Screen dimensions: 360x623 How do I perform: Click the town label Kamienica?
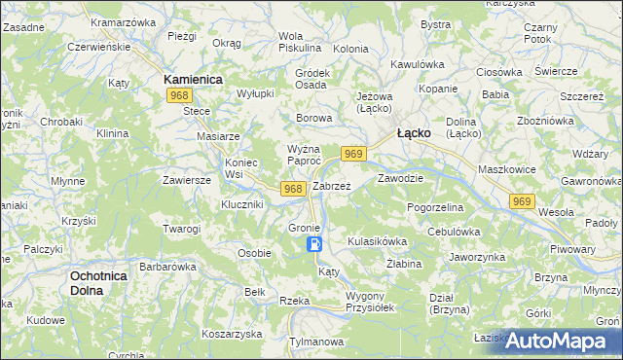(x=194, y=78)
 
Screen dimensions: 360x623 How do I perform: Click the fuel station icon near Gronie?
(x=314, y=245)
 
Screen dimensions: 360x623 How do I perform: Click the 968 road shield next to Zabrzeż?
(x=293, y=188)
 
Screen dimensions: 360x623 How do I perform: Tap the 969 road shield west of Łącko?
(x=353, y=154)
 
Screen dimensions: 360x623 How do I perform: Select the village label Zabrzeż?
(x=331, y=185)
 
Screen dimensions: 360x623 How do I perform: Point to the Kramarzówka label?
(x=123, y=21)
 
